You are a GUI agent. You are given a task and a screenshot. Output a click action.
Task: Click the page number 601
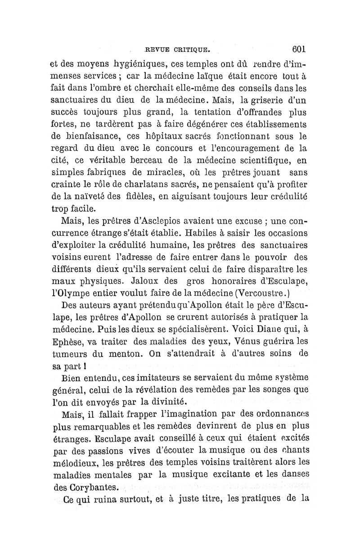(299, 48)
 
